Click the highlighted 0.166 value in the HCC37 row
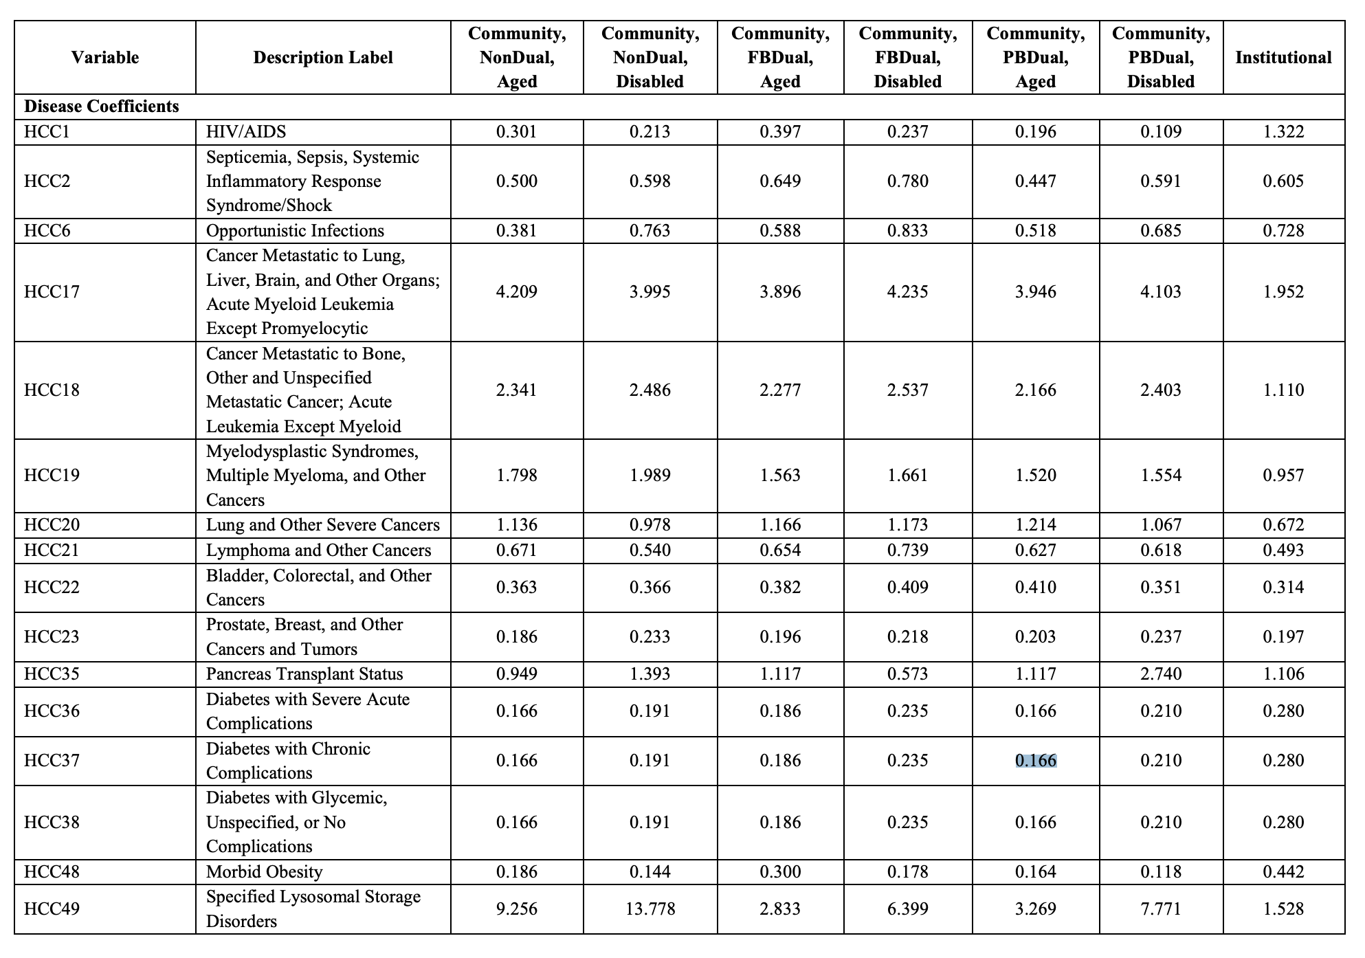pyautogui.click(x=1035, y=761)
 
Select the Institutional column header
pyautogui.click(x=1283, y=57)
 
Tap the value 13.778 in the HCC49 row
pyautogui.click(x=650, y=909)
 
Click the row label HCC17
pyautogui.click(x=52, y=292)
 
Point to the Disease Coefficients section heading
pyautogui.click(x=101, y=107)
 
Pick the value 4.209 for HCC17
pyautogui.click(x=516, y=292)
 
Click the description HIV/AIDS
pyautogui.click(x=246, y=132)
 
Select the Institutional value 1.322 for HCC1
pyautogui.click(x=1283, y=132)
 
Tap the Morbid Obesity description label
pyautogui.click(x=264, y=872)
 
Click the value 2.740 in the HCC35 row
pyautogui.click(x=1161, y=674)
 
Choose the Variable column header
pyautogui.click(x=104, y=57)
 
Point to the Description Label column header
pyautogui.click(x=323, y=57)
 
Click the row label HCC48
pyautogui.click(x=52, y=872)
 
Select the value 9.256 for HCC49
pyautogui.click(x=516, y=909)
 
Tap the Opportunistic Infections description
pyautogui.click(x=295, y=231)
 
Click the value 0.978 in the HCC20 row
pyautogui.click(x=650, y=525)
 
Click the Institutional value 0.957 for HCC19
pyautogui.click(x=1283, y=476)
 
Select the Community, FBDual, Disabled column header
pyautogui.click(x=907, y=57)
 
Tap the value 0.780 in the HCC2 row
pyautogui.click(x=907, y=181)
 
